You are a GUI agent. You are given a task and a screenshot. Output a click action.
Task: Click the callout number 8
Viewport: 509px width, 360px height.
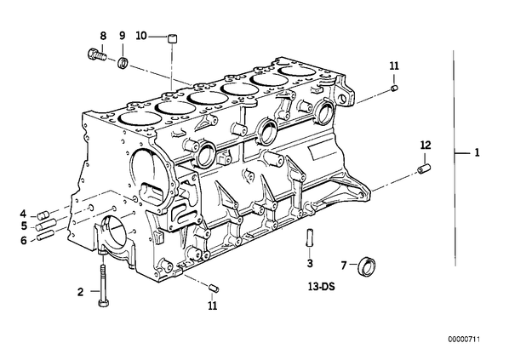coord(103,36)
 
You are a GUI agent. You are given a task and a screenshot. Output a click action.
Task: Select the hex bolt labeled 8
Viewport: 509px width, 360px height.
coord(97,54)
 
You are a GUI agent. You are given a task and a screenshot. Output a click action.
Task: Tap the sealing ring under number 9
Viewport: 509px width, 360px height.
coord(123,61)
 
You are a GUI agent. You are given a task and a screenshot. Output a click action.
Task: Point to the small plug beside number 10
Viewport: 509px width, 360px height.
coord(173,38)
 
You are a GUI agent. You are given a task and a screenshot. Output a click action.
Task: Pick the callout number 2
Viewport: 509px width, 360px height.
coord(81,292)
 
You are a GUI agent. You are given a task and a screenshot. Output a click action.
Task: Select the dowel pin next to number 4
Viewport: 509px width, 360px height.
coord(43,215)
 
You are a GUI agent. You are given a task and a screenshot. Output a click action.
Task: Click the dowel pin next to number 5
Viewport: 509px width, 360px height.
coord(46,225)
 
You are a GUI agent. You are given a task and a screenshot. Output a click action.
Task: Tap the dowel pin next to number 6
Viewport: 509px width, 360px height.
coord(45,235)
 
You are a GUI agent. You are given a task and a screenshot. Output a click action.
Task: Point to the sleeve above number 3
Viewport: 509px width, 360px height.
coord(310,237)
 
